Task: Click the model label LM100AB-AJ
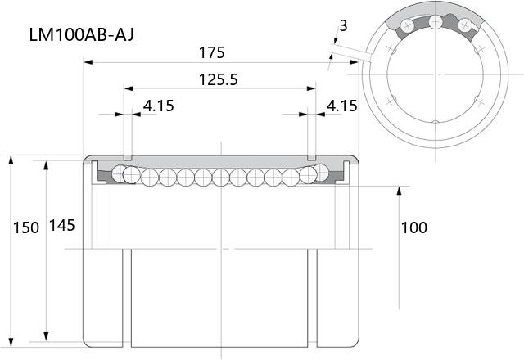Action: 82,34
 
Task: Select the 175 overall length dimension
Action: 211,52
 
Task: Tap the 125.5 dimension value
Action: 219,80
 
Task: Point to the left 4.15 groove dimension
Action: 158,106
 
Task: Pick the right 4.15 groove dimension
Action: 341,106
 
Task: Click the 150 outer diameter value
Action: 26,227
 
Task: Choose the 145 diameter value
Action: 62,226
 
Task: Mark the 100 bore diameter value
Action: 414,227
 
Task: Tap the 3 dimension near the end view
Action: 343,25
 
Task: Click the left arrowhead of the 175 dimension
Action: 88,62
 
